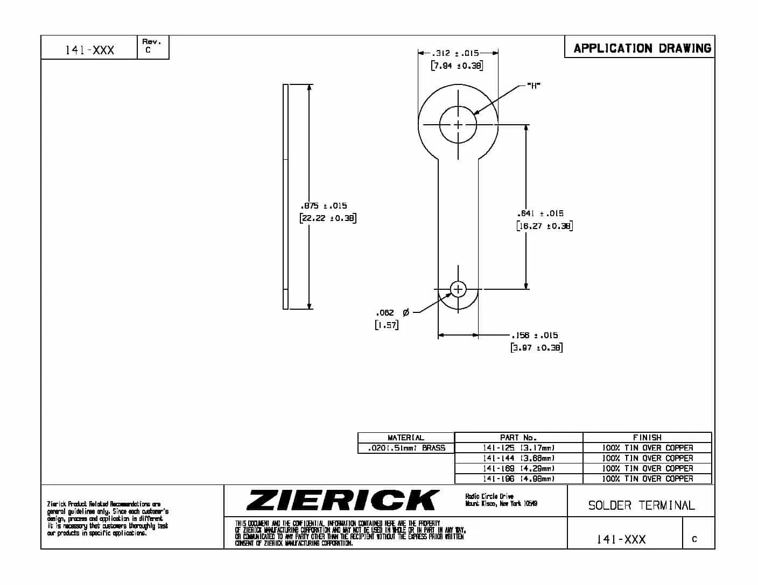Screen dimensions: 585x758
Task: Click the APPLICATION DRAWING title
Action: [x=642, y=48]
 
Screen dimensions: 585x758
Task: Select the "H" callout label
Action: [x=534, y=85]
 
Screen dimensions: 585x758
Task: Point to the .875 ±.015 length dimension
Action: [x=324, y=205]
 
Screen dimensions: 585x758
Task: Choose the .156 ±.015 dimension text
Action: [x=535, y=335]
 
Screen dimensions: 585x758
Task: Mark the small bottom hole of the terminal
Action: [x=458, y=289]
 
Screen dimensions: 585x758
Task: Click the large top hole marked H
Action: [x=458, y=125]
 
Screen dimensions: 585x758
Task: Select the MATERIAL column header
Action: [x=406, y=438]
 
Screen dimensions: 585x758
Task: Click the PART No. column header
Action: [x=518, y=438]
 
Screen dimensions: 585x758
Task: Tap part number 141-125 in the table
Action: [x=518, y=448]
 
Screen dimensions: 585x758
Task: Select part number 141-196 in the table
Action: [x=518, y=479]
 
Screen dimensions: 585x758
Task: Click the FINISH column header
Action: [x=647, y=438]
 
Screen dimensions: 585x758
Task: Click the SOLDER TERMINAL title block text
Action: [x=641, y=505]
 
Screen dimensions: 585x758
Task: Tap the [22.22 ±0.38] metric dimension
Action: [x=328, y=218]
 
